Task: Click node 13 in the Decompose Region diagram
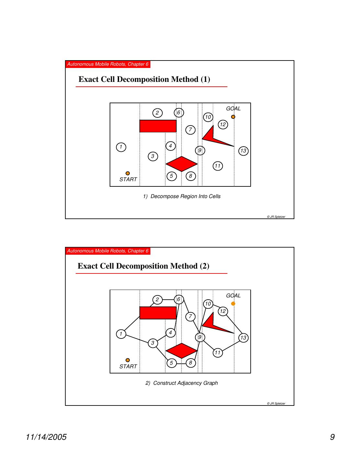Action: click(243, 151)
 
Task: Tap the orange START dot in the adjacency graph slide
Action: click(128, 360)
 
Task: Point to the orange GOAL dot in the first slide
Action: click(233, 117)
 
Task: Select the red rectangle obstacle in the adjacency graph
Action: click(158, 313)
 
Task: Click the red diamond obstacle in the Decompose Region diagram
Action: click(181, 164)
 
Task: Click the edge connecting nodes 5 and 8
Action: click(181, 363)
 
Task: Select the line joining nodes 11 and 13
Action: click(230, 346)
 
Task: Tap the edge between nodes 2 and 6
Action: click(168, 299)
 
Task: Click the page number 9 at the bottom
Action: click(332, 437)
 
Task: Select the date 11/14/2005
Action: click(46, 437)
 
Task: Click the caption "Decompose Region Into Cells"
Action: click(182, 196)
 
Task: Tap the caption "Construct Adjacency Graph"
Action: click(182, 383)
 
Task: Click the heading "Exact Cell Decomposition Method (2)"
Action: click(144, 266)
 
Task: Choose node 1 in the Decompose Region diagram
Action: click(121, 147)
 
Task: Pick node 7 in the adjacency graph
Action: click(191, 316)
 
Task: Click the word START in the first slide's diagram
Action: click(128, 180)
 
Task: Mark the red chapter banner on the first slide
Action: click(108, 64)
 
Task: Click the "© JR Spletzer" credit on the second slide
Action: click(276, 404)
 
